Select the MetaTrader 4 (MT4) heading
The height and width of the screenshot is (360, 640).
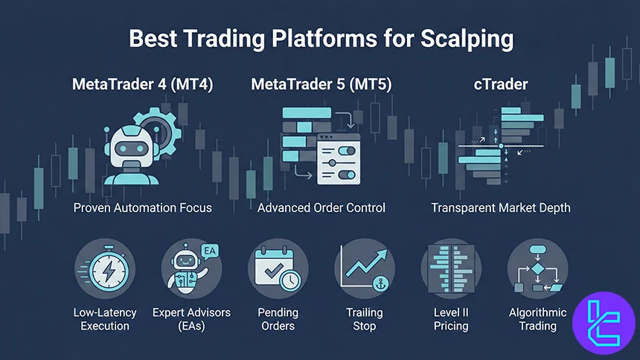(x=142, y=84)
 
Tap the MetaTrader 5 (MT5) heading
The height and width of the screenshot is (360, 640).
(x=321, y=84)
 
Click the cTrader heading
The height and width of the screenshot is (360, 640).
(x=500, y=84)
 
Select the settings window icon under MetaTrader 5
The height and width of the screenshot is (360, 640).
(x=338, y=158)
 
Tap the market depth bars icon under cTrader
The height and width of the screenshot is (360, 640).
(x=501, y=145)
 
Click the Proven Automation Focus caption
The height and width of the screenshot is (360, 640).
(x=142, y=208)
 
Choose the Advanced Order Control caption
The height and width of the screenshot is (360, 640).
(x=321, y=208)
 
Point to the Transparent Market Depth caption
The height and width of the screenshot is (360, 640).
(x=501, y=208)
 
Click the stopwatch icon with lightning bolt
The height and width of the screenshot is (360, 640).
(x=105, y=269)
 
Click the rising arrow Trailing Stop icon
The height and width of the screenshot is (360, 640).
(x=364, y=269)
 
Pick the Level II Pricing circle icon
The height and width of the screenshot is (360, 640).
(x=451, y=269)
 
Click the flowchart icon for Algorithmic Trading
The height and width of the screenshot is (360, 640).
(x=537, y=269)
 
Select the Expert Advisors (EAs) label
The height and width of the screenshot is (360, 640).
(x=191, y=319)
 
